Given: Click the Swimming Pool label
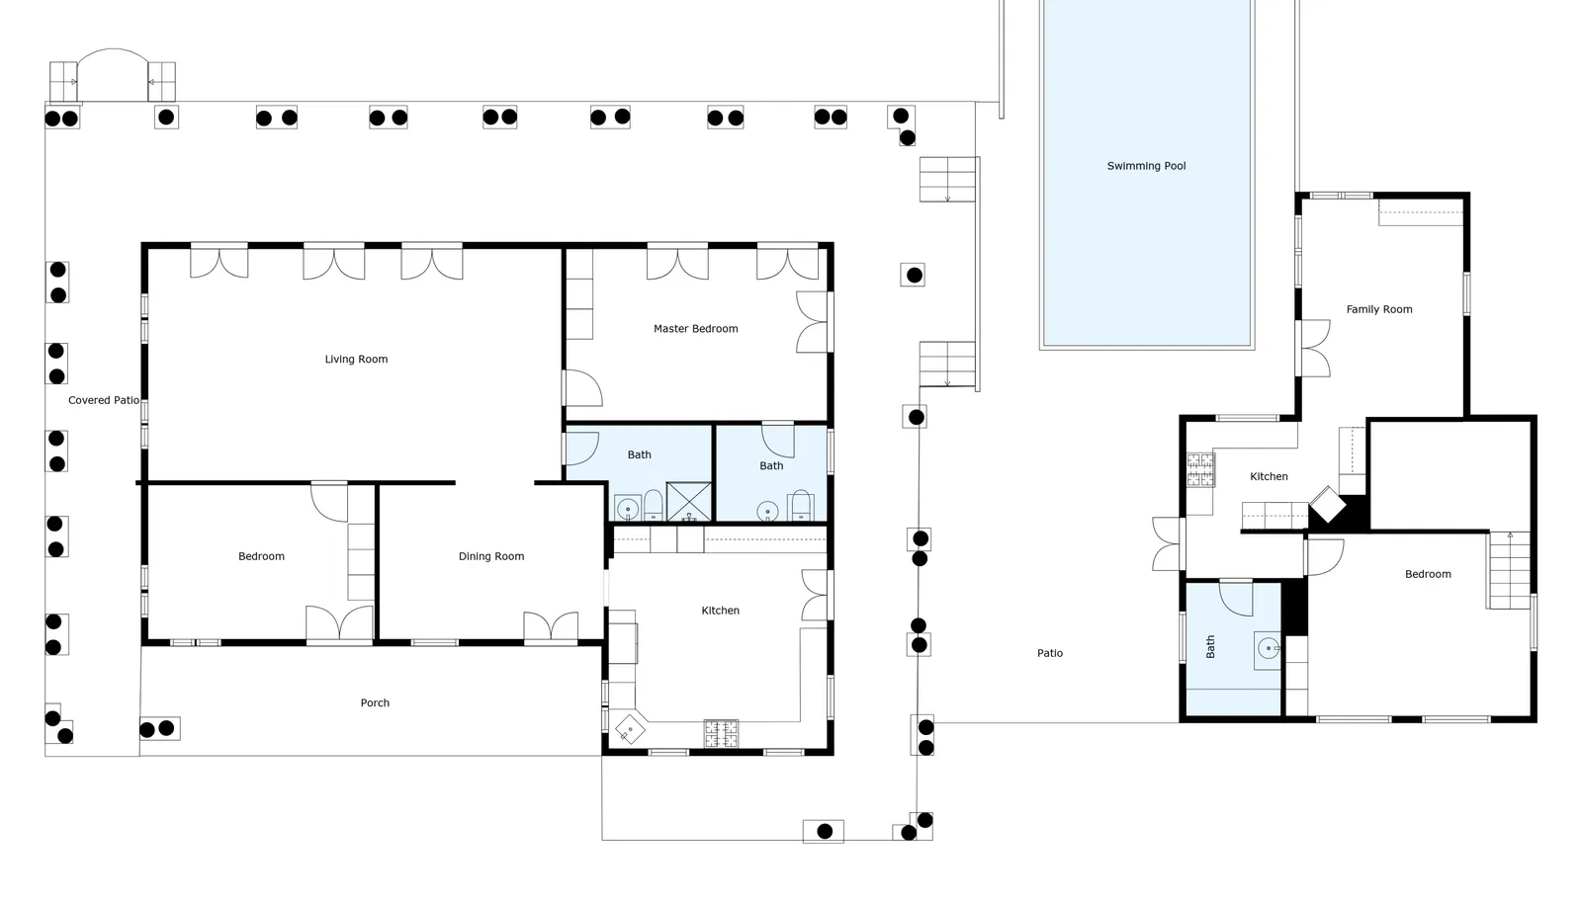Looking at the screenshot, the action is (x=1146, y=166).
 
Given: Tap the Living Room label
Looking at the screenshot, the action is (x=356, y=359).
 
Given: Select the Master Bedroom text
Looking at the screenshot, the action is (x=696, y=329).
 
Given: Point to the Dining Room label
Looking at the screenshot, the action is (x=491, y=556).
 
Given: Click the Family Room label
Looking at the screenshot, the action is (x=1379, y=309).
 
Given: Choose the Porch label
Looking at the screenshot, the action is (x=375, y=702).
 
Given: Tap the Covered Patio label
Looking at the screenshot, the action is (x=104, y=400).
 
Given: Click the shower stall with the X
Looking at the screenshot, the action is (x=688, y=502).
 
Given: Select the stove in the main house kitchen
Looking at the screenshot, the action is (x=721, y=734).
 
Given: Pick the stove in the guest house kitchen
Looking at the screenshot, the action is (x=1200, y=470).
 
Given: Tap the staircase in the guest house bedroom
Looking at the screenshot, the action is (x=1510, y=570).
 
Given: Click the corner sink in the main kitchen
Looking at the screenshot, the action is (x=629, y=729).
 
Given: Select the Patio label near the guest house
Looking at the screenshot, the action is (x=1049, y=653).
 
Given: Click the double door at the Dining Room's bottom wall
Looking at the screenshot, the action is (x=551, y=627).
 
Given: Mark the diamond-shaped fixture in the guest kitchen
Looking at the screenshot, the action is (x=1328, y=505).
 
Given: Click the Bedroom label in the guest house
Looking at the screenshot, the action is (x=1428, y=574).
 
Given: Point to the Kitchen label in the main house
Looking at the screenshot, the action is (x=721, y=611).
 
